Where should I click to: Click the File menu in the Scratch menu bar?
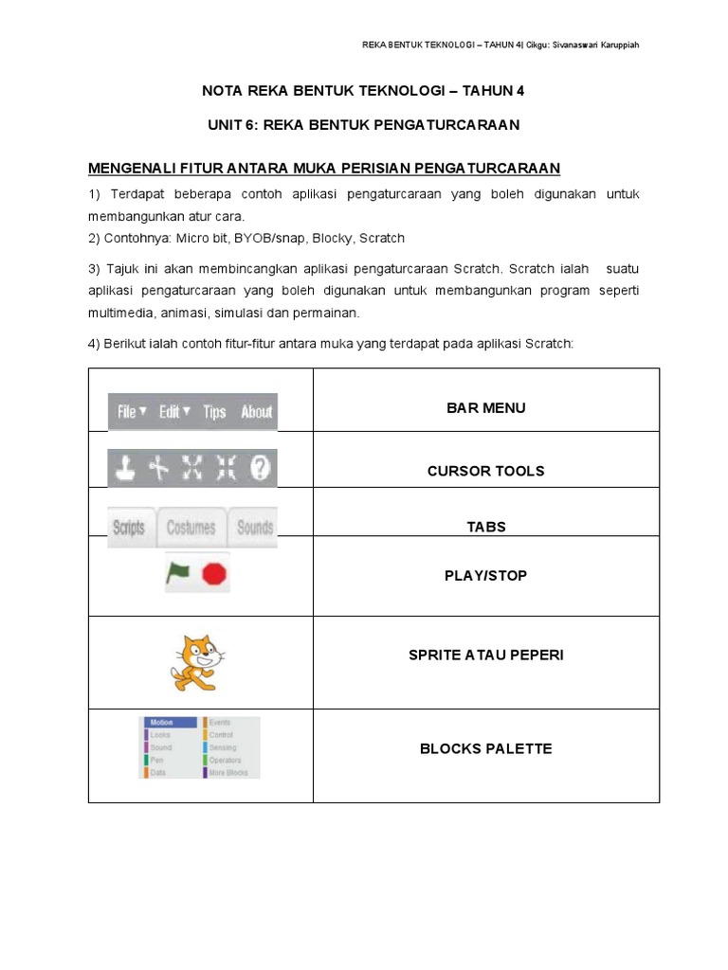[131, 412]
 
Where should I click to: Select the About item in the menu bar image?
[256, 412]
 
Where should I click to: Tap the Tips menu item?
[214, 412]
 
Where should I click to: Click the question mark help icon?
[260, 467]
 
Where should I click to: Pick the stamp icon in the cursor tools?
[127, 467]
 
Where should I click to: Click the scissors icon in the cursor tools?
[159, 467]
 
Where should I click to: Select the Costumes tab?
[191, 528]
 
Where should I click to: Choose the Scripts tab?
[129, 528]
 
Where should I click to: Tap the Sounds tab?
[254, 528]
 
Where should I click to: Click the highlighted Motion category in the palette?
[170, 722]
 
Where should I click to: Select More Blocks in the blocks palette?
[228, 773]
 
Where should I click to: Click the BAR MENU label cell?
[485, 408]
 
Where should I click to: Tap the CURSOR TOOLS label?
[485, 471]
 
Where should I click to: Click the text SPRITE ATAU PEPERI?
[485, 655]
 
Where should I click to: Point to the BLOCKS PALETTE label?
[485, 748]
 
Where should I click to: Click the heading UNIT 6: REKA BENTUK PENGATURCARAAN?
[364, 125]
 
